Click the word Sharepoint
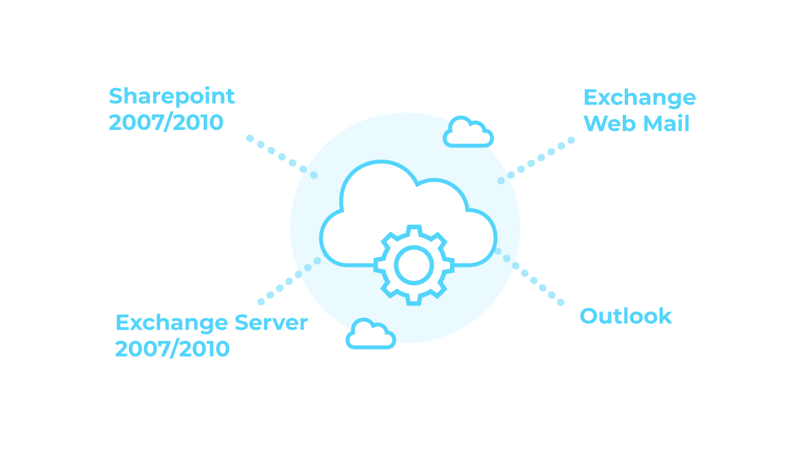[171, 97]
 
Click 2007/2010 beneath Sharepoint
[166, 123]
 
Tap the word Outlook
[625, 316]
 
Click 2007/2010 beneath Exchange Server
[172, 349]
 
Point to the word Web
[608, 124]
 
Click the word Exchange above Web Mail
[639, 98]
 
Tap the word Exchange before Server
[172, 323]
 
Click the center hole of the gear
[413, 265]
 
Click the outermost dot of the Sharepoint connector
[250, 138]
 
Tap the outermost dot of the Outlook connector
[560, 303]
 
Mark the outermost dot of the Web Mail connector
[571, 140]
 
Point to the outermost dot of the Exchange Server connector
[261, 302]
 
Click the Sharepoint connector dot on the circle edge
[313, 175]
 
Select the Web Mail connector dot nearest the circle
[501, 180]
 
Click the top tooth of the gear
[413, 231]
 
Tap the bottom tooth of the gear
[413, 300]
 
